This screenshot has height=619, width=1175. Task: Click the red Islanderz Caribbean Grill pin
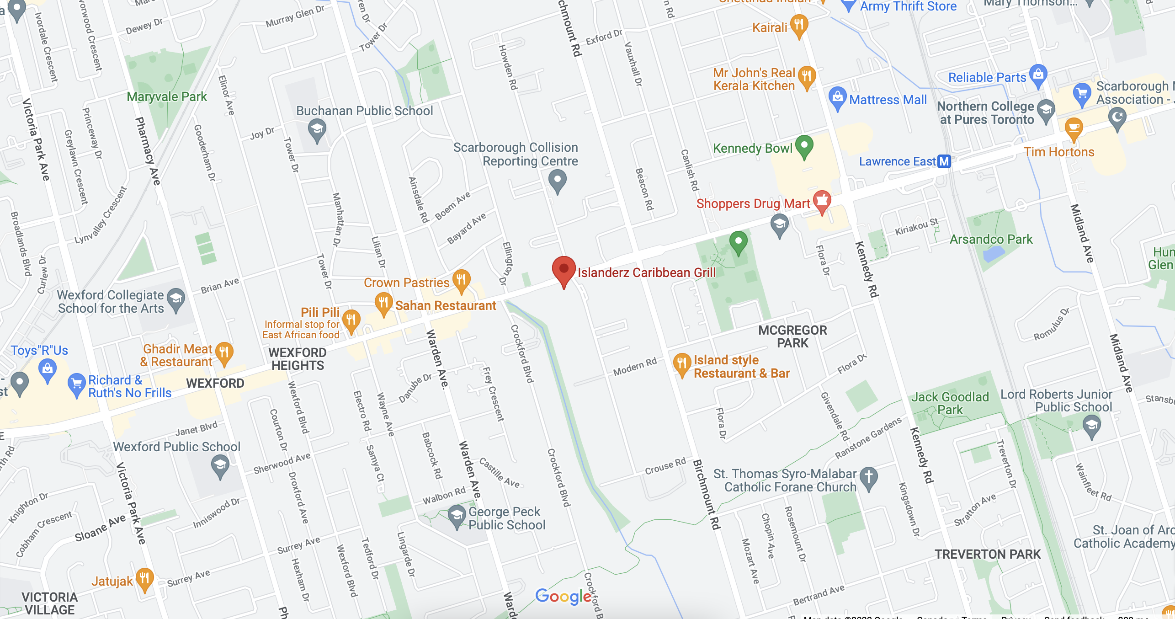tap(564, 269)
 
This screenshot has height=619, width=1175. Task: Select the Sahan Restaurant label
tap(445, 305)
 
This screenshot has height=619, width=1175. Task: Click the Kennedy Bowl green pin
tap(804, 145)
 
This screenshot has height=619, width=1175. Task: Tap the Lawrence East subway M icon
tap(944, 161)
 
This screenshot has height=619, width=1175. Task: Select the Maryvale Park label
tap(167, 97)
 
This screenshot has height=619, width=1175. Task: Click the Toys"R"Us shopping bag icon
tap(48, 368)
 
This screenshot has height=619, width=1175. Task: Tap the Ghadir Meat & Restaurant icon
tap(224, 352)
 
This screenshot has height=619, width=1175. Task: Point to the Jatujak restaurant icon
tap(144, 578)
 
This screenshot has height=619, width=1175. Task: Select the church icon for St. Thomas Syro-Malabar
tap(868, 477)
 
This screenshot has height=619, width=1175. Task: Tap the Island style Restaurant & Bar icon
tap(681, 363)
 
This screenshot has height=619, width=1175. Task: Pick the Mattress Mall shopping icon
tap(837, 97)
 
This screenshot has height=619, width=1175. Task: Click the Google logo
tap(563, 596)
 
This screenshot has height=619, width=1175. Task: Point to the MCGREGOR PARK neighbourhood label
tap(792, 336)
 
